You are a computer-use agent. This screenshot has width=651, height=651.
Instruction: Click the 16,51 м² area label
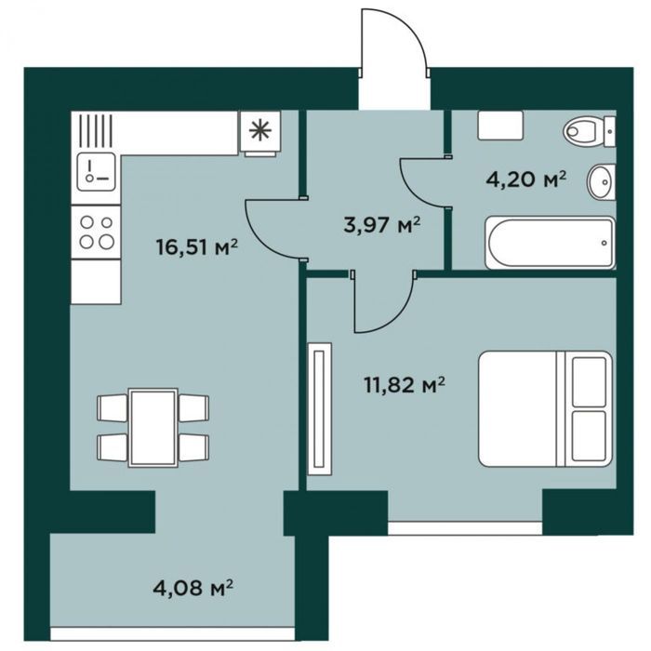coord(196,247)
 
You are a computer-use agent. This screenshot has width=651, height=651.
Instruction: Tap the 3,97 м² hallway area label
coord(382,225)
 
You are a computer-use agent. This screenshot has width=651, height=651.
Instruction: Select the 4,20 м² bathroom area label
coord(525,180)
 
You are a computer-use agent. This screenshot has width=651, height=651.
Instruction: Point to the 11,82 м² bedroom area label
coord(405,385)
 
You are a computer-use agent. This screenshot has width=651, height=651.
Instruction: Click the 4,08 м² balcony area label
coord(193,588)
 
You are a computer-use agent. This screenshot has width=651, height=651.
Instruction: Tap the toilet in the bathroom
coord(589,131)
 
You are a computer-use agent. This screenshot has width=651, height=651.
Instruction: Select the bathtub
coord(550,243)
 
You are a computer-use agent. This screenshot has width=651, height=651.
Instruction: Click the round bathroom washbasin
coord(601,181)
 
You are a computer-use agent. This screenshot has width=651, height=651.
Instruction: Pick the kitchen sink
coord(96,171)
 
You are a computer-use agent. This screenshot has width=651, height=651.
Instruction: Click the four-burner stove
coord(96,232)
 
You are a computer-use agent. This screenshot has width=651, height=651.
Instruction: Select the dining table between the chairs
coord(153,428)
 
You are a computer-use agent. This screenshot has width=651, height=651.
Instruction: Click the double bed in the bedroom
coord(546,408)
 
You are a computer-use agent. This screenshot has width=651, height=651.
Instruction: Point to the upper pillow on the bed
coord(589,381)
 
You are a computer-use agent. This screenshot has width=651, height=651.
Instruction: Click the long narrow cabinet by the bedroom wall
coord(320,408)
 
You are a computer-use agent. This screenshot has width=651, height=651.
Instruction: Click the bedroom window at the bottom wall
coord(465,528)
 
